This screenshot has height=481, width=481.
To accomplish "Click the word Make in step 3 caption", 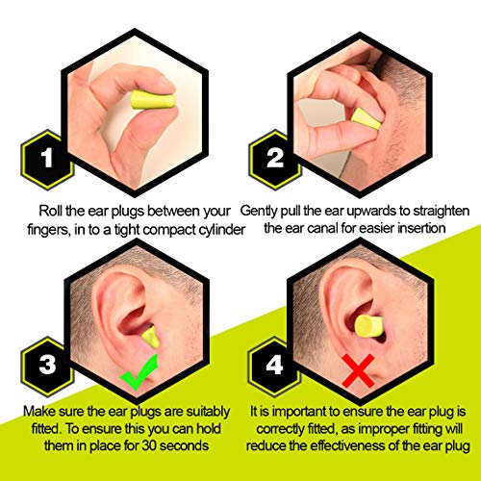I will click(x=39, y=411).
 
